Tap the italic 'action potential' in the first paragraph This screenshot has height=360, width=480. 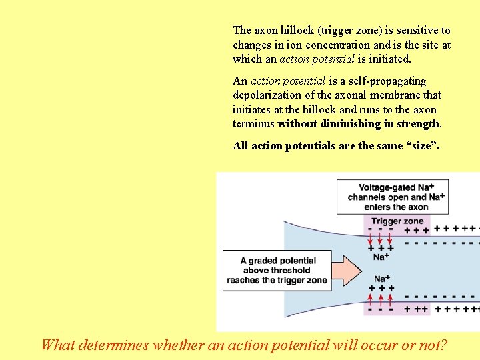[x=317, y=59]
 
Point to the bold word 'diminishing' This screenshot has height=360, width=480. [x=351, y=124]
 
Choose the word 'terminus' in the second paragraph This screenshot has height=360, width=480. [x=253, y=124]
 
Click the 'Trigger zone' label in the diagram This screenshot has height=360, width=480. [x=397, y=221]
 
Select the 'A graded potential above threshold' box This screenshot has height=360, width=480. [x=277, y=270]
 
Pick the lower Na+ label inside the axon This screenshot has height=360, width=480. [x=381, y=279]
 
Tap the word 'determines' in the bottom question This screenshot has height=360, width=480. [x=113, y=345]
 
